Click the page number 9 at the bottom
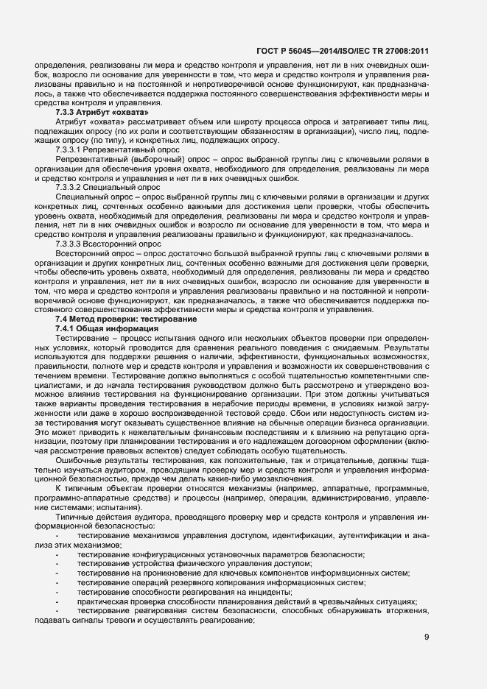427,637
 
